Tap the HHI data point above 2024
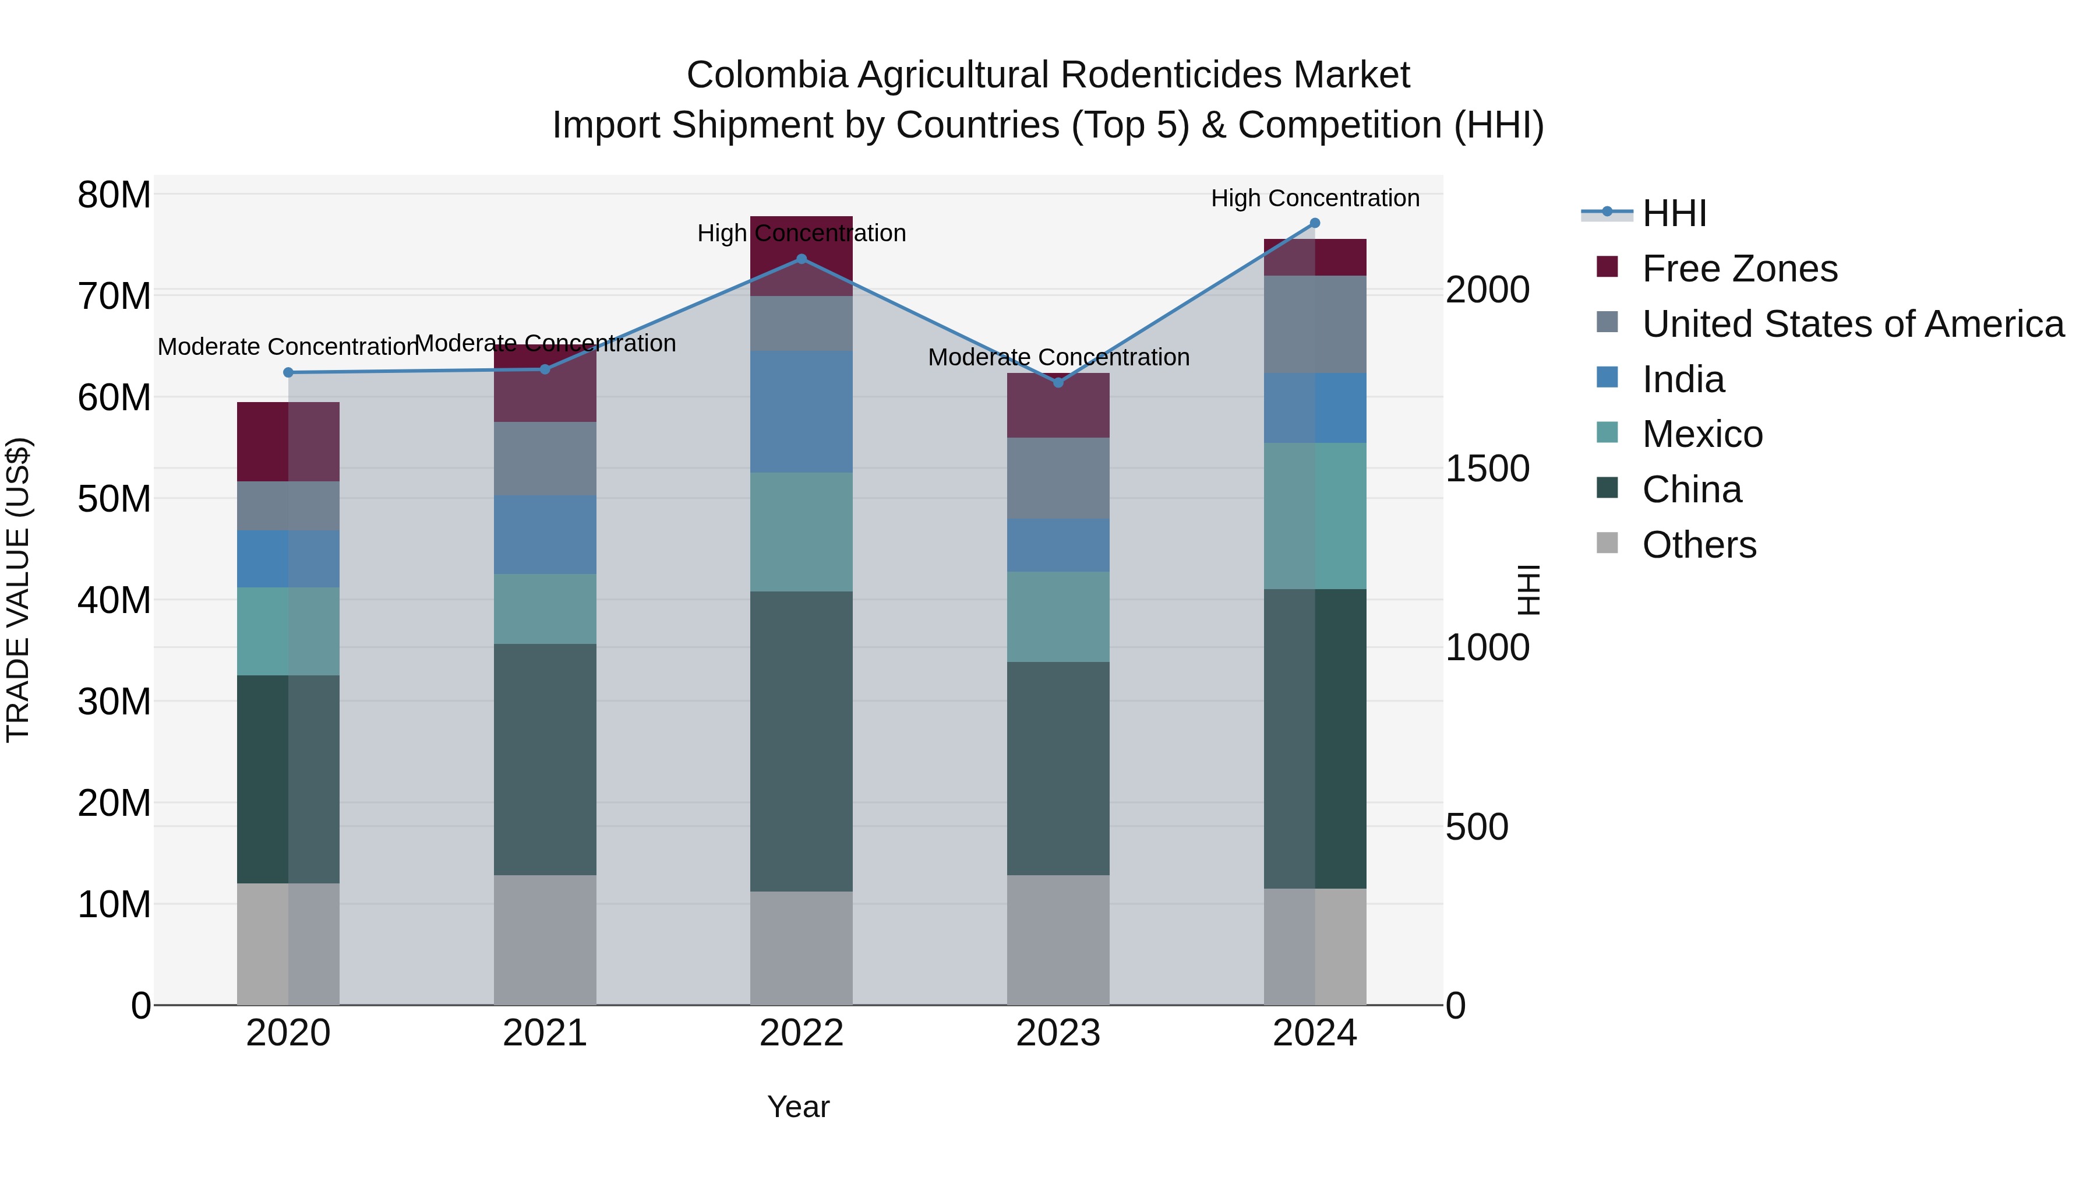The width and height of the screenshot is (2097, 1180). coord(1315,223)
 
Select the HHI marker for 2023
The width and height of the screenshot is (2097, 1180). coord(1058,383)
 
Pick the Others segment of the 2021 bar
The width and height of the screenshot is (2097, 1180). coord(545,940)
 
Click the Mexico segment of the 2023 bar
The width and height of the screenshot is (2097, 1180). coord(1058,617)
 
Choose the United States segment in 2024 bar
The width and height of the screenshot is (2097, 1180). coord(1315,324)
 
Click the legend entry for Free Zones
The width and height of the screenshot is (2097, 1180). coord(1739,269)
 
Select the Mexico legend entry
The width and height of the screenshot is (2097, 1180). coord(1701,434)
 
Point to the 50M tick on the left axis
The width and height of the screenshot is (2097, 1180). coord(114,498)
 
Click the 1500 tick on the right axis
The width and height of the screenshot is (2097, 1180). coord(1487,469)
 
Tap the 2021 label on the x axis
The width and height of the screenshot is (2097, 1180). coord(545,1033)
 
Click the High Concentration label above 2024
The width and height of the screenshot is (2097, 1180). coord(1315,198)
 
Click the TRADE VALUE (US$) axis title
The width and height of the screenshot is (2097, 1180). coord(18,590)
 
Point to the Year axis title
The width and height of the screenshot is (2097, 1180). coord(798,1107)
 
